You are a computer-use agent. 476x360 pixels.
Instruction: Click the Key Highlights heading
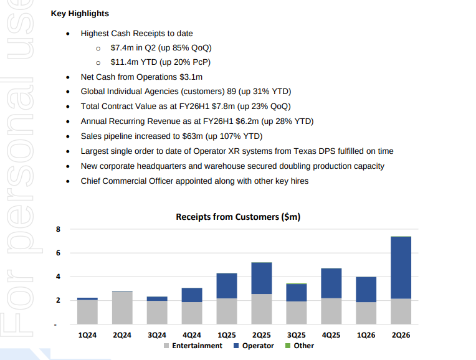pyautogui.click(x=79, y=13)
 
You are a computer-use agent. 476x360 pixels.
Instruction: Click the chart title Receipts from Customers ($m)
pyautogui.click(x=238, y=217)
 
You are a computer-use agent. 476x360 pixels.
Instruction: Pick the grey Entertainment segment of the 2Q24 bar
pyautogui.click(x=122, y=308)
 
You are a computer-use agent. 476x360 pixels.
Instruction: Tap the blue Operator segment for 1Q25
pyautogui.click(x=227, y=286)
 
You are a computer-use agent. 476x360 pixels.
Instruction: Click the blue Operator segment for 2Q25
pyautogui.click(x=261, y=278)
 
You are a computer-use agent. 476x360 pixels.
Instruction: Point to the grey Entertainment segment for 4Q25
pyautogui.click(x=331, y=311)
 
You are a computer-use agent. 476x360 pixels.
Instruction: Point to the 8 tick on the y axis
pyautogui.click(x=57, y=229)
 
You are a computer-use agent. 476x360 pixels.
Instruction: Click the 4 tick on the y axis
pyautogui.click(x=57, y=277)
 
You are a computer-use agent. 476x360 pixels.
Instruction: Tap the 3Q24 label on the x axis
pyautogui.click(x=156, y=335)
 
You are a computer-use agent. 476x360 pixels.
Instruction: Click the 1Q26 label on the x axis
pyautogui.click(x=366, y=335)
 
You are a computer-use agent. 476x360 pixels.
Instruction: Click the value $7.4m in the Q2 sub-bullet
pyautogui.click(x=123, y=47)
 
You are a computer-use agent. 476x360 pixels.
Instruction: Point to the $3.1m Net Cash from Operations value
pyautogui.click(x=191, y=77)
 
